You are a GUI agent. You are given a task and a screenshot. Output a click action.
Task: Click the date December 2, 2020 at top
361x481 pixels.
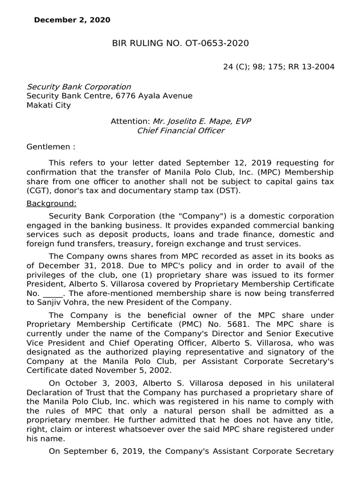(x=72, y=20)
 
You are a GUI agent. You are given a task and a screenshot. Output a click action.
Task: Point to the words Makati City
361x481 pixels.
(x=48, y=105)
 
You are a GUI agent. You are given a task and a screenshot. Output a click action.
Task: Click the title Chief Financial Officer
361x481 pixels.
(x=180, y=131)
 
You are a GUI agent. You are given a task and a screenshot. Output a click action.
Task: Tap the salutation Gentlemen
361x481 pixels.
(x=48, y=147)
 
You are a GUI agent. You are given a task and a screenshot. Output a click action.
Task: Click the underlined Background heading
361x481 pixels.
(x=51, y=204)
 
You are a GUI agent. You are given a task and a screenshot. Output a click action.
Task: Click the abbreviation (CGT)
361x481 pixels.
(x=38, y=190)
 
